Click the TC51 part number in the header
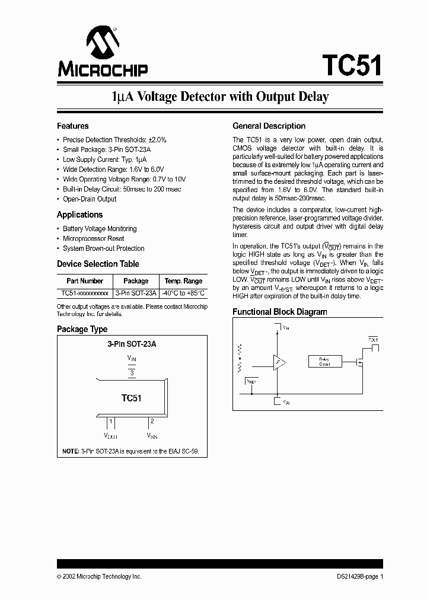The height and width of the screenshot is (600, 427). click(352, 64)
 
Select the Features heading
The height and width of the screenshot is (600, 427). click(72, 126)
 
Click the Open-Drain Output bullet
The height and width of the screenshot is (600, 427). click(90, 199)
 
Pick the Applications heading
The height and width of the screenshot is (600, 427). click(79, 215)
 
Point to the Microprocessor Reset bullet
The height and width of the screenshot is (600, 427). click(93, 238)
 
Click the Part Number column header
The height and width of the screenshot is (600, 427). click(85, 281)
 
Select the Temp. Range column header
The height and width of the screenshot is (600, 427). click(183, 281)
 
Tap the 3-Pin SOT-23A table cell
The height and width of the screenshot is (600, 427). click(136, 293)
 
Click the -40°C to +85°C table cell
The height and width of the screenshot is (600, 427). click(183, 293)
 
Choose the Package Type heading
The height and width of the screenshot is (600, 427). click(82, 329)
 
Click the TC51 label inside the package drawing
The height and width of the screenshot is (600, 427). click(132, 398)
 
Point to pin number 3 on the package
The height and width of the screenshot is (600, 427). click(132, 372)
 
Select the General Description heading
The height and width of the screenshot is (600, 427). click(269, 126)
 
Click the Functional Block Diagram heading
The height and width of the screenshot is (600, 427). click(279, 312)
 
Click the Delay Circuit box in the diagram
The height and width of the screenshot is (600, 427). click(324, 362)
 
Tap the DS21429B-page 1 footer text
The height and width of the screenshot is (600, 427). click(356, 576)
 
